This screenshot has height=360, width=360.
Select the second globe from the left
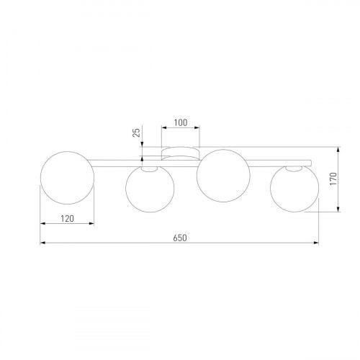pos(149,189)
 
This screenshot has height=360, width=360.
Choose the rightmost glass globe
pos(293,189)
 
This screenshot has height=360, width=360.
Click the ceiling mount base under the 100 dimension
pos(180,151)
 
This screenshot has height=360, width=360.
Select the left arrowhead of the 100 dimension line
pos(163,130)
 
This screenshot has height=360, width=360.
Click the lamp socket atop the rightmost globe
pos(292,168)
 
